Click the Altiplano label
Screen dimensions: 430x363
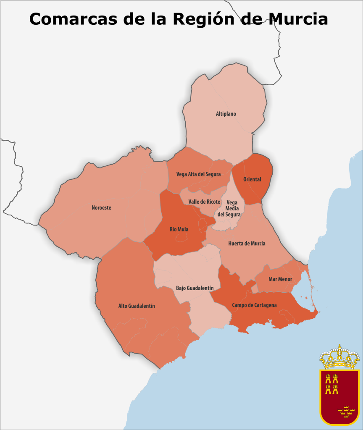[226, 114]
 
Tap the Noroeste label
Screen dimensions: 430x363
[101, 207]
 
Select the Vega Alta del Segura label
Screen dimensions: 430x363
[198, 174]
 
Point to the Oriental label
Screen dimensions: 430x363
[252, 179]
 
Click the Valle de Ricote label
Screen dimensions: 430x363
[204, 202]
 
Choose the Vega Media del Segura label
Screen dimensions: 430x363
[229, 208]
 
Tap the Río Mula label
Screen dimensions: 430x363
[179, 229]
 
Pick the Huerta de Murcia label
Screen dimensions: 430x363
[247, 243]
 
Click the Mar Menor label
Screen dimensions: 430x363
[280, 279]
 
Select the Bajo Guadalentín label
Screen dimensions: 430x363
[195, 288]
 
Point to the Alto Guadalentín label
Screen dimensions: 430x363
[137, 306]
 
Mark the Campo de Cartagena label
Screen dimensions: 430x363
[254, 305]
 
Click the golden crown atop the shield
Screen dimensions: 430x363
[339, 357]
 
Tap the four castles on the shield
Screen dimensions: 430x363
[332, 383]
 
